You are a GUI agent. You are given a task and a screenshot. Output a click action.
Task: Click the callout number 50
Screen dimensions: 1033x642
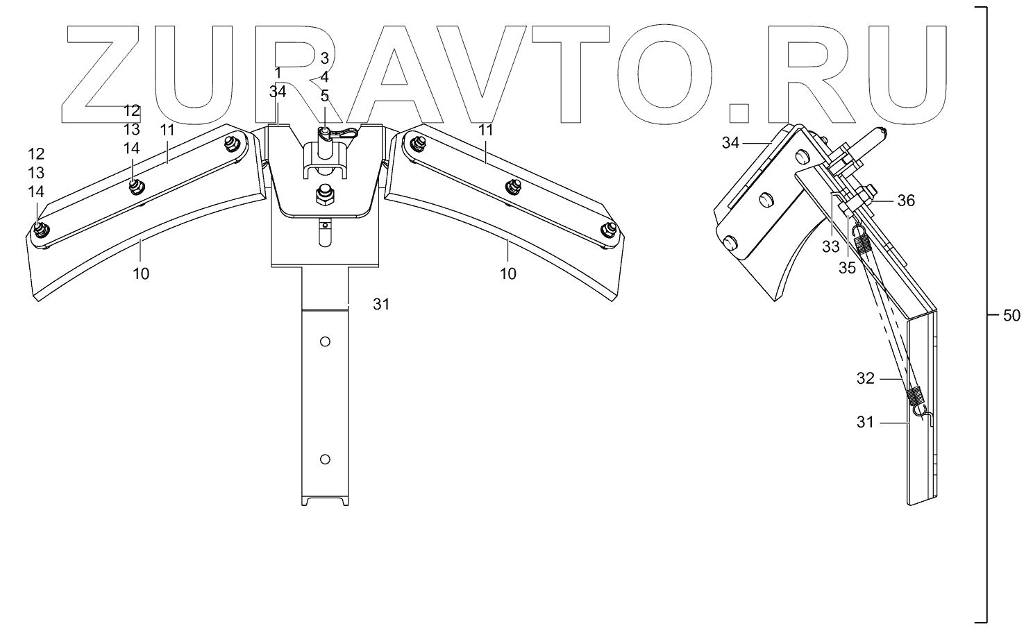(1011, 316)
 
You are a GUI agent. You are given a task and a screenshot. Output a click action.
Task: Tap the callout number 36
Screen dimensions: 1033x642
(906, 201)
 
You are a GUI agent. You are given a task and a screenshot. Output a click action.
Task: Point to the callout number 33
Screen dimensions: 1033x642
(831, 246)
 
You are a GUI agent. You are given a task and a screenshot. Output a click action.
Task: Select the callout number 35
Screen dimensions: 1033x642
(847, 268)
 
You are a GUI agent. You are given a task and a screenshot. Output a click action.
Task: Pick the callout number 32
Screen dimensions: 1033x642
(865, 379)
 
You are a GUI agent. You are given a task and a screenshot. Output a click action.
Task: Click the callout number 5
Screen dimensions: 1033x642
(324, 96)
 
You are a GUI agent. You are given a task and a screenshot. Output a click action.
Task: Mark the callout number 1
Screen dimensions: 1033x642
(278, 73)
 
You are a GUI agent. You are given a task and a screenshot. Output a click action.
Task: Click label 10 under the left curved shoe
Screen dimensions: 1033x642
(141, 274)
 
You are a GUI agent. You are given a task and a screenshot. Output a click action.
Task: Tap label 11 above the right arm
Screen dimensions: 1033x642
(485, 130)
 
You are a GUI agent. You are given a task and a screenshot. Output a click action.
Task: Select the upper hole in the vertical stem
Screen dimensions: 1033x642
(325, 341)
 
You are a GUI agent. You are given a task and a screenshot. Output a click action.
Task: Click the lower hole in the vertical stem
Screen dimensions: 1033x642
(325, 459)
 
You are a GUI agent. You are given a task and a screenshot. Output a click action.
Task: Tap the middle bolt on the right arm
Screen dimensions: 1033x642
(514, 185)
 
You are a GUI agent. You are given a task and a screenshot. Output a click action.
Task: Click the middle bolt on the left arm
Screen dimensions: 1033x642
(135, 185)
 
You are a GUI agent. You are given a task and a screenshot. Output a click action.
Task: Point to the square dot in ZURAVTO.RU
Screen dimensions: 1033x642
(741, 115)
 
